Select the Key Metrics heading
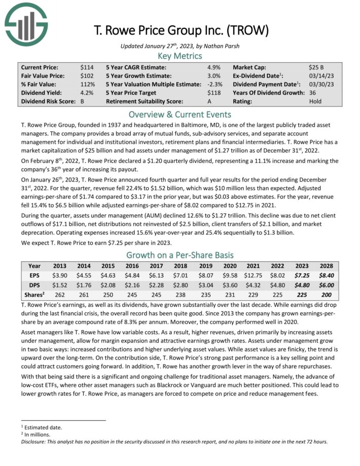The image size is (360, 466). (x=180, y=56)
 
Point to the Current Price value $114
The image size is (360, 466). (x=87, y=67)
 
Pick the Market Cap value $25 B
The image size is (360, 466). (x=317, y=67)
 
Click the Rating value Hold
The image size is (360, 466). (x=315, y=101)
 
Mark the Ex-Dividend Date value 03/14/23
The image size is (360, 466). (x=320, y=76)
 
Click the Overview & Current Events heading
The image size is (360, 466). (x=180, y=114)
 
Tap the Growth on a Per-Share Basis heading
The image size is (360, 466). (x=180, y=255)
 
